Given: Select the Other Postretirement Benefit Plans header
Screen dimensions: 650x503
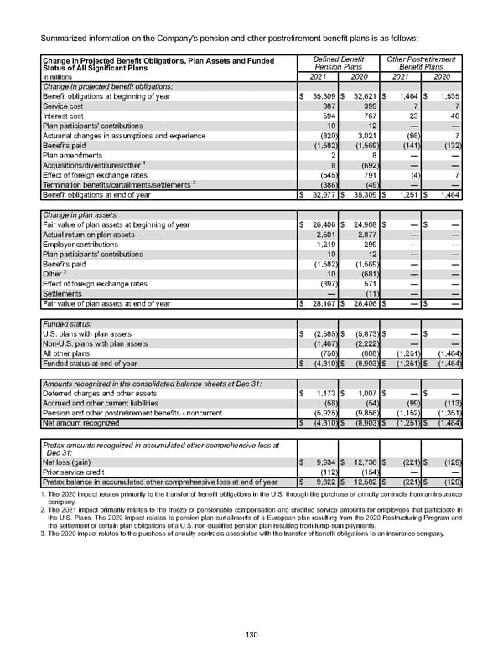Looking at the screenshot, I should pos(421,61).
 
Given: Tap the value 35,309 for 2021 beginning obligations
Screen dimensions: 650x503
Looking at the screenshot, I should pos(322,98).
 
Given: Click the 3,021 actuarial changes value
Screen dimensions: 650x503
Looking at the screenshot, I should pos(366,135).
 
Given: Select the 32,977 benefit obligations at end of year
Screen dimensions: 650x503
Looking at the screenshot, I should pos(322,194).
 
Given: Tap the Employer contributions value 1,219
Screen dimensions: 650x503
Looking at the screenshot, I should pos(325,244).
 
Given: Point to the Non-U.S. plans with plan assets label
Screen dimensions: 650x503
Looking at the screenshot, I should pos(95,343).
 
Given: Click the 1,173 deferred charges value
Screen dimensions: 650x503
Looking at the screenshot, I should pos(324,392).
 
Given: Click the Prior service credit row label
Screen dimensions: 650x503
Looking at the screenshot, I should pos(74,471).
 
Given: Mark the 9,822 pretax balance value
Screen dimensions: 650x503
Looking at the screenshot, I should pos(323,481).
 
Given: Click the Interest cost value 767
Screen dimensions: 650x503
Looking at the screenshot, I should pos(368,116).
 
